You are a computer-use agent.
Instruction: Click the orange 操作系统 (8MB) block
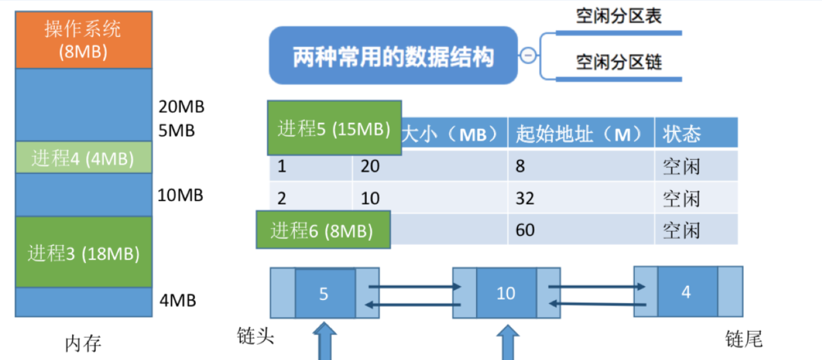click(83, 40)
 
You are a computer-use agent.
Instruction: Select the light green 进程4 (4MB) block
click(83, 158)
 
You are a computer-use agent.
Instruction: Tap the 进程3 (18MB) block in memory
click(83, 252)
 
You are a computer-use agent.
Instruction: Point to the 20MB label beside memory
click(181, 107)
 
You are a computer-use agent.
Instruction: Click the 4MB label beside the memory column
click(177, 301)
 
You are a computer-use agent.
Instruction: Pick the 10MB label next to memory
click(180, 196)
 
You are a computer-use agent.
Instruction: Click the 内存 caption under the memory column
click(83, 343)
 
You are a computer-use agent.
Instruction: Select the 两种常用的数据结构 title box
click(393, 56)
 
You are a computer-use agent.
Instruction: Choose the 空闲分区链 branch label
click(619, 62)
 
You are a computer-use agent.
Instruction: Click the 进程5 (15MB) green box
click(334, 128)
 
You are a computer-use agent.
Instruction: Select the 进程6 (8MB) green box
click(322, 230)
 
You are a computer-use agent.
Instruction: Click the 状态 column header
click(682, 134)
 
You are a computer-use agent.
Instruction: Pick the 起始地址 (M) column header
click(581, 134)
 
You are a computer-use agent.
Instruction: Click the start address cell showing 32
click(525, 198)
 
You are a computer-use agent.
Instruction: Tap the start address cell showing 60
click(525, 230)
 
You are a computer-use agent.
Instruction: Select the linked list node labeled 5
click(324, 293)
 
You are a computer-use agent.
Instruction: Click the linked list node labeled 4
click(686, 292)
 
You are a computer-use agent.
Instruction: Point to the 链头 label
click(256, 337)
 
